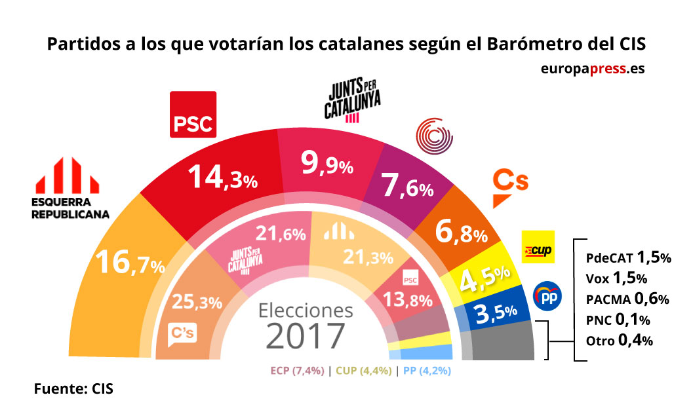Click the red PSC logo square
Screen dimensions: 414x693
coord(193,115)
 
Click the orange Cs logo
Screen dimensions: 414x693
coord(509,187)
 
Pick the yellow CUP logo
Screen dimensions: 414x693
coord(538,247)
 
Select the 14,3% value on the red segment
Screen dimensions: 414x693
coord(222,178)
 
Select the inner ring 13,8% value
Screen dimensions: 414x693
coord(407,301)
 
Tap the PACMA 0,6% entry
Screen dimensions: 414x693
coord(626,299)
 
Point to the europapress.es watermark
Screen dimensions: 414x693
coord(593,68)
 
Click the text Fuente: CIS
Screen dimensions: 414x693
coord(73,389)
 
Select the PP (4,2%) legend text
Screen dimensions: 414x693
coord(426,370)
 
